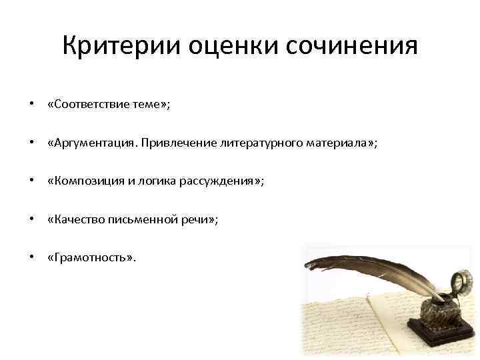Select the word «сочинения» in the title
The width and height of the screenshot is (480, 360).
[x=353, y=47]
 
